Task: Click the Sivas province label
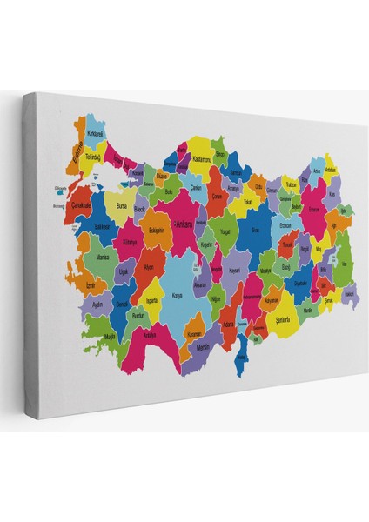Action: [x=255, y=230]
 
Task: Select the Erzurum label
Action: [x=313, y=209]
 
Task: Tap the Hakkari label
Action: [x=351, y=293]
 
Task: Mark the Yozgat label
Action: [x=225, y=233]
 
